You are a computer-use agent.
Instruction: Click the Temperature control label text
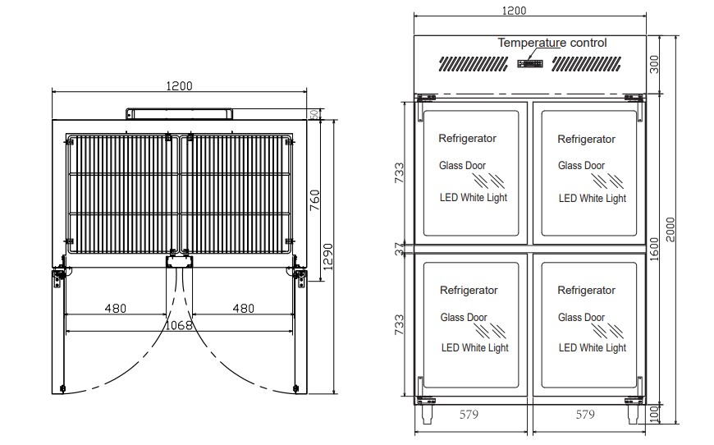[552, 43]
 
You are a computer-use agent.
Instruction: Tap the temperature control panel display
[530, 63]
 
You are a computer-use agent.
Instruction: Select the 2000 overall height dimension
[671, 230]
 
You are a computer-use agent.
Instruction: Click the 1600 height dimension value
[654, 249]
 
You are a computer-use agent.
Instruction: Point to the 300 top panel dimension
[654, 64]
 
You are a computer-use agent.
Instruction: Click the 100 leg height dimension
[654, 414]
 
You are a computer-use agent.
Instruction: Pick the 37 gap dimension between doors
[399, 249]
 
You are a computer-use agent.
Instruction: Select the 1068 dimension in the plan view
[179, 325]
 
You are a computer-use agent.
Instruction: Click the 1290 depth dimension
[327, 257]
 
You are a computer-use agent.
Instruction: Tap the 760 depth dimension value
[314, 200]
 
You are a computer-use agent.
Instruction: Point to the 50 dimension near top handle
[314, 114]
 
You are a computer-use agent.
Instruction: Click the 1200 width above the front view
[514, 11]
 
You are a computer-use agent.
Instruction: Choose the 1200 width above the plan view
[180, 85]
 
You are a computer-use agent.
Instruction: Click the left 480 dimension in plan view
[115, 309]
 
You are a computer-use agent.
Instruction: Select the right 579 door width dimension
[585, 415]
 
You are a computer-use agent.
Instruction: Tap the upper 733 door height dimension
[399, 172]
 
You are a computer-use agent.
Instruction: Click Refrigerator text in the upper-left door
[467, 139]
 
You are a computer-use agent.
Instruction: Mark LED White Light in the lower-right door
[593, 348]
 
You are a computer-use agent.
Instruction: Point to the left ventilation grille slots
[474, 64]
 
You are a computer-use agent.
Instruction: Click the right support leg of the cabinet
[634, 414]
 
